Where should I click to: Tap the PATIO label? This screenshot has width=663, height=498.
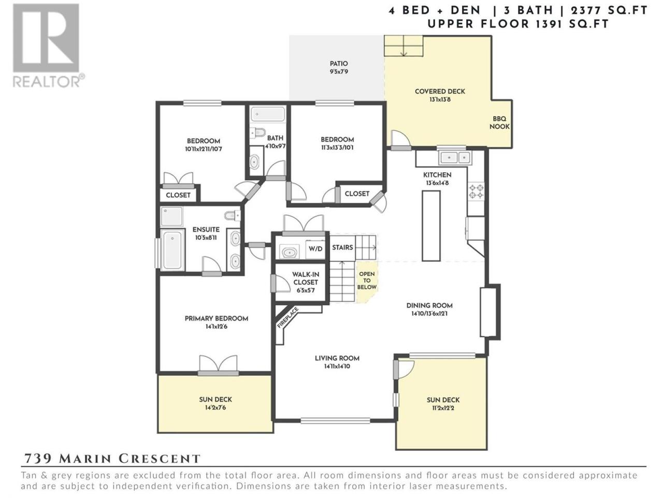(x=339, y=63)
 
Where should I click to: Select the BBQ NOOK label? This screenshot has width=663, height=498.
(x=499, y=122)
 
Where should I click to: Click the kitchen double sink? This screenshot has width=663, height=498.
(x=455, y=157)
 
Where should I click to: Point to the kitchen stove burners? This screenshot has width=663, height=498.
(x=476, y=191)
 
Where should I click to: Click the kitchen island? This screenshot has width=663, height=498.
(x=431, y=226)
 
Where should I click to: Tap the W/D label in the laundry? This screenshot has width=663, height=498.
(x=315, y=248)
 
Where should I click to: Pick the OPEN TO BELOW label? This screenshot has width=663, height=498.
(x=367, y=280)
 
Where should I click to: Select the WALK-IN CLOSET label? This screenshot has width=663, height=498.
(x=306, y=278)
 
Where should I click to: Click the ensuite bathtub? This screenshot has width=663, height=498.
(x=172, y=249)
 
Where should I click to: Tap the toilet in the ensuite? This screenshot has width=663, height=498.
(x=232, y=216)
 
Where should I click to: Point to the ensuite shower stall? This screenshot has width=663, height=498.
(x=171, y=216)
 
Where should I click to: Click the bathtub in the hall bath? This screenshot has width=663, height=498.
(x=268, y=115)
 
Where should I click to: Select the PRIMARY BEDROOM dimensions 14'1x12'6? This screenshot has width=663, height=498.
(x=217, y=327)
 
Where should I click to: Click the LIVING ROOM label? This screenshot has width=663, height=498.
(x=337, y=358)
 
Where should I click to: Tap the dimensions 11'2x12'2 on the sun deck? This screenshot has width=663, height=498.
(x=443, y=408)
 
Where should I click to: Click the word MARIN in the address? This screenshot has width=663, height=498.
(x=85, y=459)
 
